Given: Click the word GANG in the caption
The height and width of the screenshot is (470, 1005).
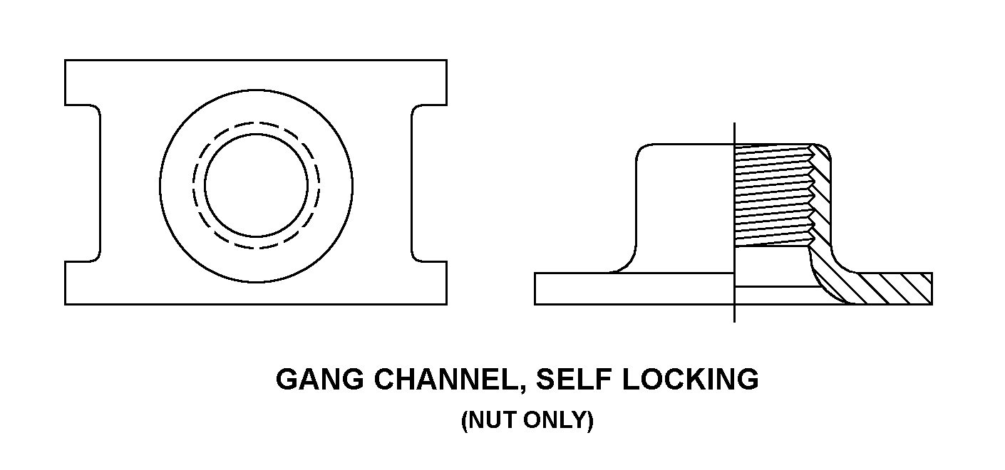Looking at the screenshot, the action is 319,379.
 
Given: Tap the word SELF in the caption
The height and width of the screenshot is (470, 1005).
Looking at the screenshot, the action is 574,379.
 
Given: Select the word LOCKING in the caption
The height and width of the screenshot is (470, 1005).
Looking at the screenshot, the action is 691,379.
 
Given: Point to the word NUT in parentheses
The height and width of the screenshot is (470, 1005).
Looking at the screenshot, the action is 493,420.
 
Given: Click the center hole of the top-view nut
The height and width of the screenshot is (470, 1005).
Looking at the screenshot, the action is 256,185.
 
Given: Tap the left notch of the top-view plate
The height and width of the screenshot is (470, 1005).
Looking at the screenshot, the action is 83,184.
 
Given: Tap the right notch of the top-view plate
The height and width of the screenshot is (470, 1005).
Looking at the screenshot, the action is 429,184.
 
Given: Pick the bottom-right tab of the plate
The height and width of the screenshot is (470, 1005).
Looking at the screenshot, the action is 429,283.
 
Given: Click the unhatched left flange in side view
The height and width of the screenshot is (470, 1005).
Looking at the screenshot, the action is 634,288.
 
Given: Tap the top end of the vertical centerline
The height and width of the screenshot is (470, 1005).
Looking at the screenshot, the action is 734,122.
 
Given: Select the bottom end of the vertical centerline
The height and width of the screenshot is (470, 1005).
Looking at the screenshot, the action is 734,322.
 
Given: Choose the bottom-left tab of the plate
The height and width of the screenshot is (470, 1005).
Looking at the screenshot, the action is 83,283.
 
